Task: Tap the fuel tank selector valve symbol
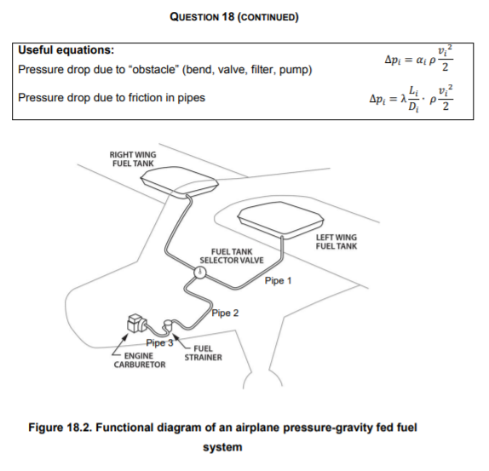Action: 199,273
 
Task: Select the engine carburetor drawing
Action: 136,324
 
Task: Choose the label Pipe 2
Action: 225,313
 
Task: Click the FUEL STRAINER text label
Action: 203,353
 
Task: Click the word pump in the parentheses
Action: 292,69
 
